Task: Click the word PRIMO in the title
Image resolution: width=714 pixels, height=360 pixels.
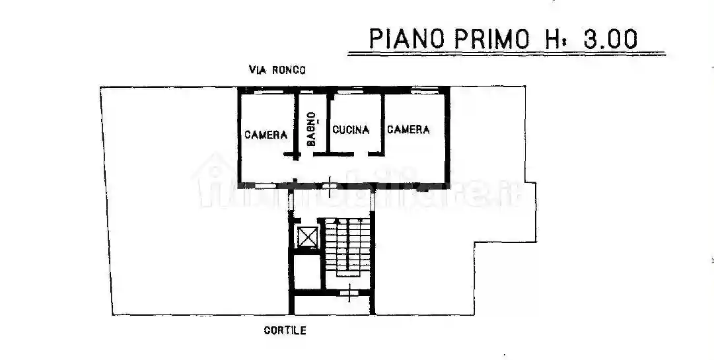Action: (x=491, y=39)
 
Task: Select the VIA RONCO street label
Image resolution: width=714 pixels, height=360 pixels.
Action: (x=277, y=70)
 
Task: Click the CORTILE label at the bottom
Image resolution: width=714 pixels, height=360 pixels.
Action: (x=285, y=331)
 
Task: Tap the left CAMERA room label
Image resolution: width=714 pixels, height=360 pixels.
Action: (x=266, y=135)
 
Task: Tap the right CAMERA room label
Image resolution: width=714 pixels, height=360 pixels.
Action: (x=408, y=129)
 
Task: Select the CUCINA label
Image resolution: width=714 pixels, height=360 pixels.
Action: (x=351, y=129)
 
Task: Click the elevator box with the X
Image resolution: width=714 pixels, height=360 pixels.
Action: (x=307, y=236)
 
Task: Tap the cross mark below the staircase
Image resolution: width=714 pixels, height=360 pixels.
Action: (x=349, y=289)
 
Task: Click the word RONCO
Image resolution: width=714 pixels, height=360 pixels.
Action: (x=288, y=70)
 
